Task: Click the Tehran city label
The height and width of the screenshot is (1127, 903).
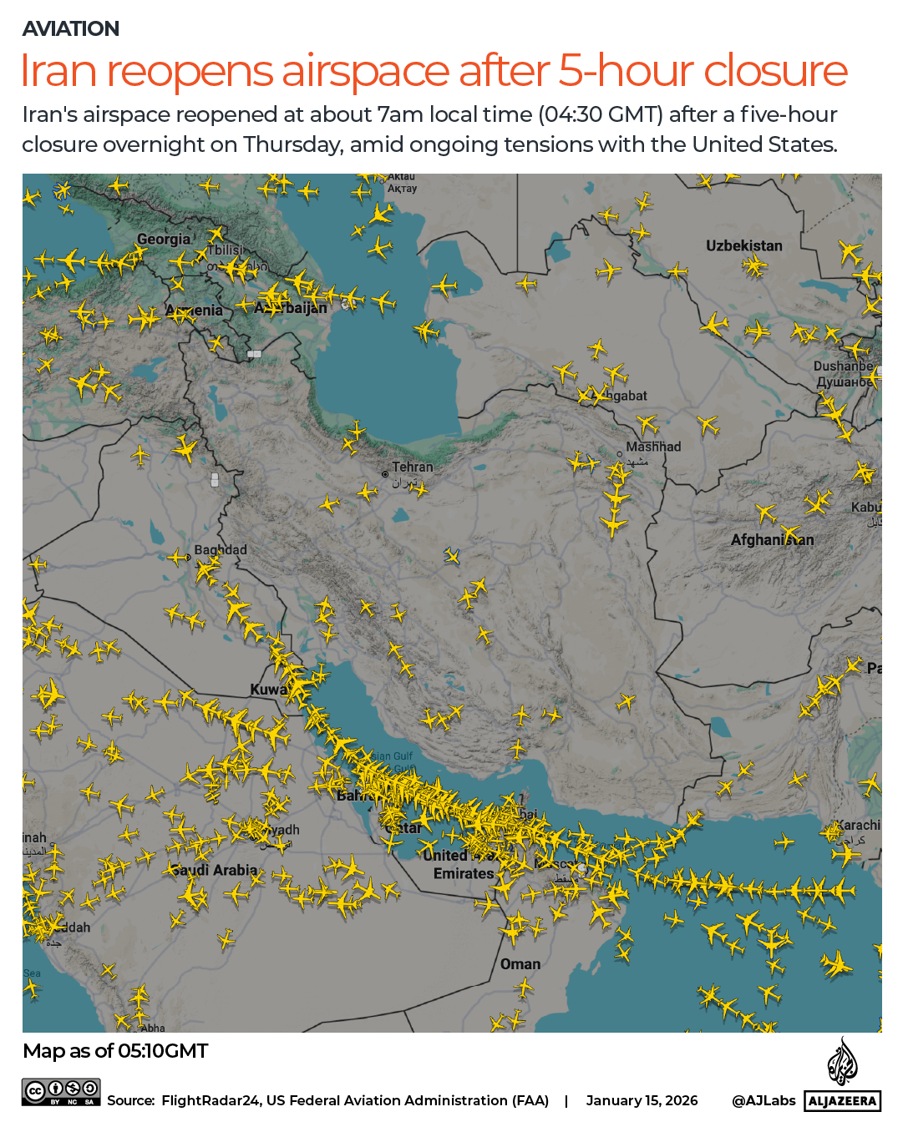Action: [x=413, y=467]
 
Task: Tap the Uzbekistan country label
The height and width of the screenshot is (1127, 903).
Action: [x=743, y=245]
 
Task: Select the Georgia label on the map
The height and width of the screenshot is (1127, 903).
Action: [x=164, y=240]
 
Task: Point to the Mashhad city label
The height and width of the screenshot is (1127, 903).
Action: [x=653, y=447]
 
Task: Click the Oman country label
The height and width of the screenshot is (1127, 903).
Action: [x=520, y=964]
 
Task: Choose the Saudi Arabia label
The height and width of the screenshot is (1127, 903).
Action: [x=216, y=870]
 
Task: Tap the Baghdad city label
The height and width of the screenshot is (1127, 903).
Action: [x=221, y=549]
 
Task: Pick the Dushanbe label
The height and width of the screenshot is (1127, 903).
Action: [x=844, y=366]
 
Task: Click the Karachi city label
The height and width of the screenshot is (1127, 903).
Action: [x=858, y=825]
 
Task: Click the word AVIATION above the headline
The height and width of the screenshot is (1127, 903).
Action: [x=71, y=29]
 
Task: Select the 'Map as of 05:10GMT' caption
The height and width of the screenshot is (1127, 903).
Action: [x=115, y=1051]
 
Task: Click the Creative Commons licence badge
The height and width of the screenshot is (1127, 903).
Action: [x=62, y=1092]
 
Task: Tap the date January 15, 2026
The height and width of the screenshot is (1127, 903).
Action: [x=642, y=1100]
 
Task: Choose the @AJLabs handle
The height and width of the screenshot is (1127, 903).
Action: [x=763, y=1100]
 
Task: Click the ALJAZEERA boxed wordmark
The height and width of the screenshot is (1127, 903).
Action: [x=843, y=1101]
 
